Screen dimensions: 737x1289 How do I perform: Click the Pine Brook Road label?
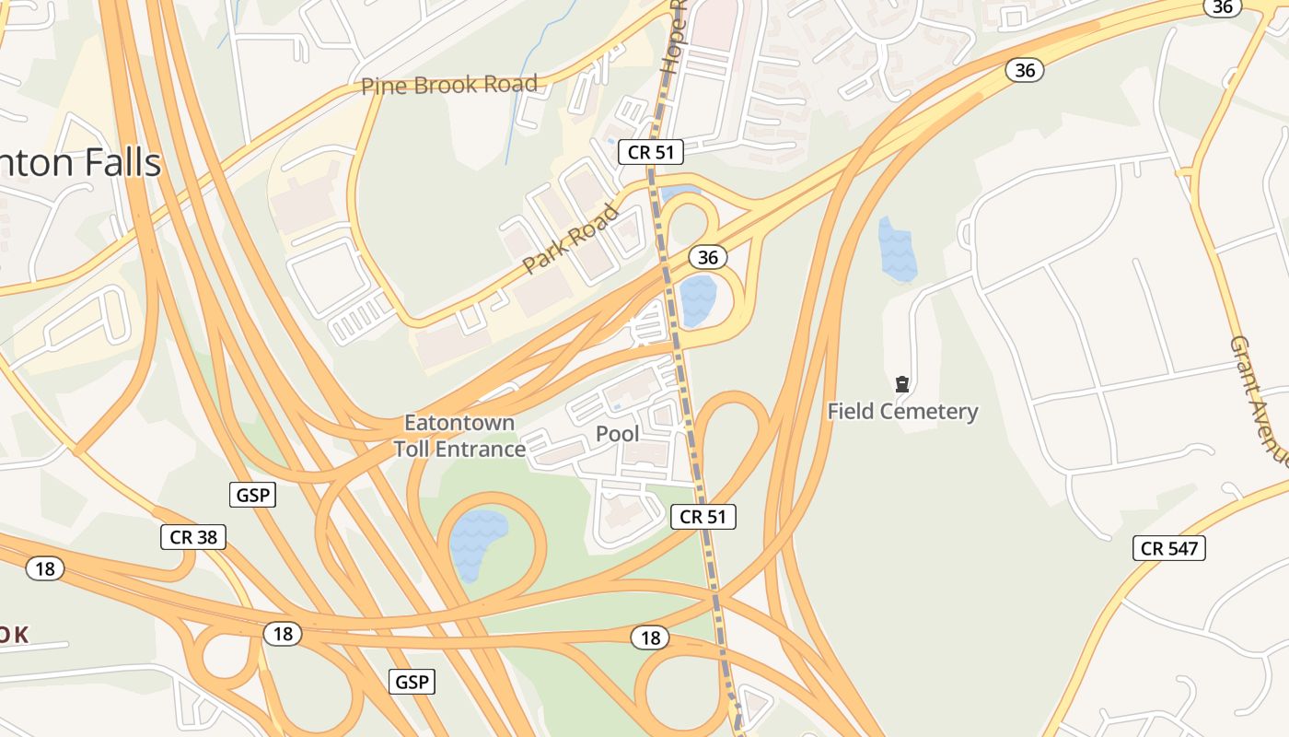pyautogui.click(x=448, y=86)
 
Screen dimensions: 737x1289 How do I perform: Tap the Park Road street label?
pyautogui.click(x=571, y=240)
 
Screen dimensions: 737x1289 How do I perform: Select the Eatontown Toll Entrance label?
pyautogui.click(x=459, y=436)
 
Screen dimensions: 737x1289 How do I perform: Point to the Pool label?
pyautogui.click(x=618, y=433)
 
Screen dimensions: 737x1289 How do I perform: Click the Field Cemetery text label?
pyautogui.click(x=902, y=411)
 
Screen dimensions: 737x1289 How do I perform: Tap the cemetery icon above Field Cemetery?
pyautogui.click(x=902, y=384)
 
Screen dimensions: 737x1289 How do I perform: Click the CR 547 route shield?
pyautogui.click(x=1169, y=549)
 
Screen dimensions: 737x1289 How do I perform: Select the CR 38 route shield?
pyautogui.click(x=193, y=536)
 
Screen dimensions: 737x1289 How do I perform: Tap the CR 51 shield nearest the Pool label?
pyautogui.click(x=703, y=517)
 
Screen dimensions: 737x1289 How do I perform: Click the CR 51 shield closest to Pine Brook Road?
pyautogui.click(x=651, y=152)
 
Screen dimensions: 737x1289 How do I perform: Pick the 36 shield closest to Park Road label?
pyautogui.click(x=707, y=257)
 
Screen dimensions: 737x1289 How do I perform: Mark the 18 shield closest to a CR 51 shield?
pyautogui.click(x=651, y=638)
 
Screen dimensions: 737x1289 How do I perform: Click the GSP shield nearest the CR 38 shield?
pyautogui.click(x=252, y=495)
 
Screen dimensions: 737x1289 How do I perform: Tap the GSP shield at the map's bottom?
pyautogui.click(x=412, y=682)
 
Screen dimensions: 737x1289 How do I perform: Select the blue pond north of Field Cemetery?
pyautogui.click(x=897, y=249)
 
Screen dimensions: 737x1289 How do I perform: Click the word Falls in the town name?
pyautogui.click(x=123, y=163)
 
